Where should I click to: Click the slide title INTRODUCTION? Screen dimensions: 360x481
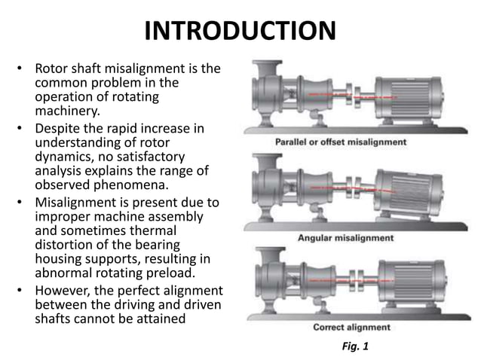[240, 32]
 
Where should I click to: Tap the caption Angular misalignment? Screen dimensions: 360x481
[346, 238]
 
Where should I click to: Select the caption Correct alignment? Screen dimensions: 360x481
[351, 328]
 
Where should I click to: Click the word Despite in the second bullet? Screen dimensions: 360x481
[60, 128]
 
